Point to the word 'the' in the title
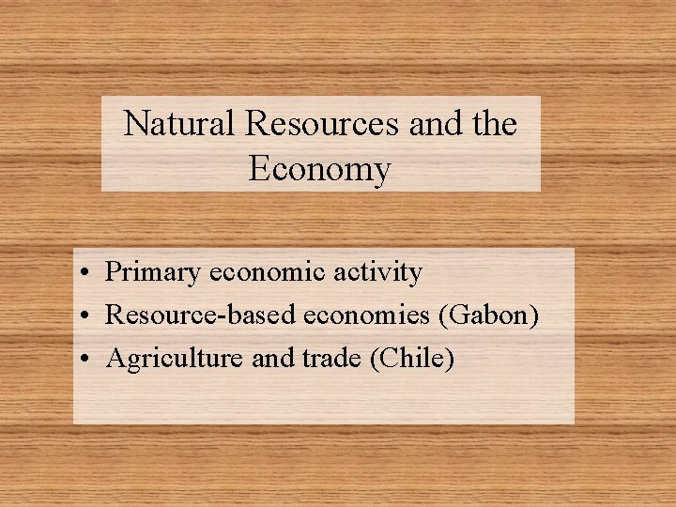coord(494,123)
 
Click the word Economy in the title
coord(319,170)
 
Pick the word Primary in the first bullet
coord(152,273)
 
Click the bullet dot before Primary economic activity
coord(84,274)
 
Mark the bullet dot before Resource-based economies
coord(84,316)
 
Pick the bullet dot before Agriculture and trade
coord(84,360)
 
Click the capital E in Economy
coord(259,169)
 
